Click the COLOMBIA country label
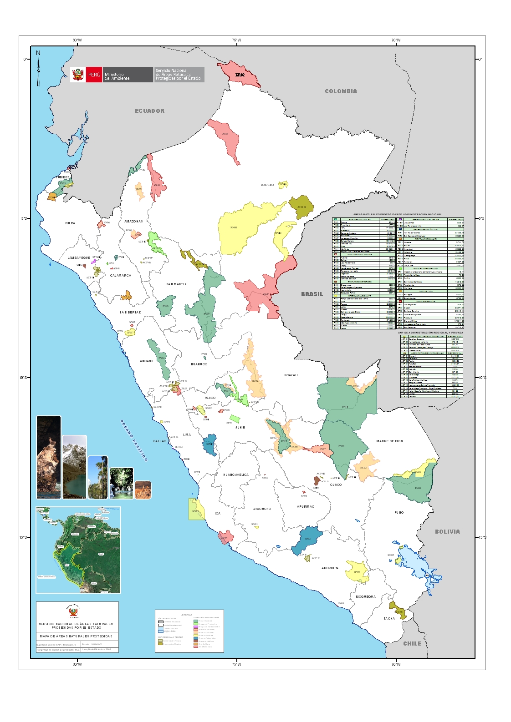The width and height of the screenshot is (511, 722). coord(341,91)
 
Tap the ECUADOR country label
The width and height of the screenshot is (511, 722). coord(149,111)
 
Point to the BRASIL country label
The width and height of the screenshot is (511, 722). coord(312,294)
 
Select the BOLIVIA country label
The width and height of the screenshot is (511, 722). coord(447,531)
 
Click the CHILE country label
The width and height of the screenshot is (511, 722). coord(412,643)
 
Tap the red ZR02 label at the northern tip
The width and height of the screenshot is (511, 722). coord(240,75)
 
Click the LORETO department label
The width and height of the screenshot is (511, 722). coord(267,185)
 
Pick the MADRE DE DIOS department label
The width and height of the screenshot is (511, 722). coord(389,441)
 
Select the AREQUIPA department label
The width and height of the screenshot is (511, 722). coord(330,568)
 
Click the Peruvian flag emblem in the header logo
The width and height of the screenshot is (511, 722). coord(77,75)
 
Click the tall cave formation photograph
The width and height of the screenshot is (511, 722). coord(48,457)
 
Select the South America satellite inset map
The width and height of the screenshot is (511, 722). coord(78,550)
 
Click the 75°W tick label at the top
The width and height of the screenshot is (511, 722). coord(236,40)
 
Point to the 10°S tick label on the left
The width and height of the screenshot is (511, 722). coord(24,378)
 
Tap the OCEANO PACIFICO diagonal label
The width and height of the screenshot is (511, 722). coord(134,440)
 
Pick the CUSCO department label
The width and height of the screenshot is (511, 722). coord(336,485)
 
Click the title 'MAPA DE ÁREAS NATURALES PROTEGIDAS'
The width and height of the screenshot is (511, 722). coord(76,636)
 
